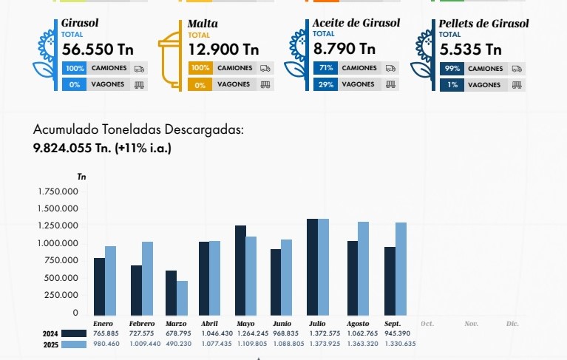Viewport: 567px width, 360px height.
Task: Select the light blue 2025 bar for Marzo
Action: [x=182, y=297]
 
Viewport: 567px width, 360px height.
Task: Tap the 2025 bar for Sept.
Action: [x=401, y=268]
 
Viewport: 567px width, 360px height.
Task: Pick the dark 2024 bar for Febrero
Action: [x=136, y=289]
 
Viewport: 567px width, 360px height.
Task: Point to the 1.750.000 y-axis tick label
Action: [x=58, y=191]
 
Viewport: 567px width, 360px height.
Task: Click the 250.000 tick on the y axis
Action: [x=63, y=295]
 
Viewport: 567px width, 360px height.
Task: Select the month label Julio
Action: [x=316, y=324]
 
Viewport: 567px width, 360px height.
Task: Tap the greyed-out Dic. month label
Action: [x=512, y=324]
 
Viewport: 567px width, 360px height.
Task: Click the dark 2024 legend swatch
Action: [x=72, y=334]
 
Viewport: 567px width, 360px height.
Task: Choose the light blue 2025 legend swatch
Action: [x=72, y=344]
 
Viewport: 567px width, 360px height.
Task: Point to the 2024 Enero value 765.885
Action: [x=106, y=334]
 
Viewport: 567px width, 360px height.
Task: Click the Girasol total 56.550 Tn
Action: [x=98, y=50]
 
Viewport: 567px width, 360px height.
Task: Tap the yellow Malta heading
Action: [x=203, y=24]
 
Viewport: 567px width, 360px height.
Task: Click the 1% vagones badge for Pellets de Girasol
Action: [x=452, y=85]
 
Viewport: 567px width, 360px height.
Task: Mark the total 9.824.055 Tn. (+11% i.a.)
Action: [x=102, y=148]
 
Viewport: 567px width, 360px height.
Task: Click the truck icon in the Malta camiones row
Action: [x=265, y=68]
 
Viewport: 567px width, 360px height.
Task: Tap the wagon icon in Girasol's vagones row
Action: [x=139, y=85]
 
